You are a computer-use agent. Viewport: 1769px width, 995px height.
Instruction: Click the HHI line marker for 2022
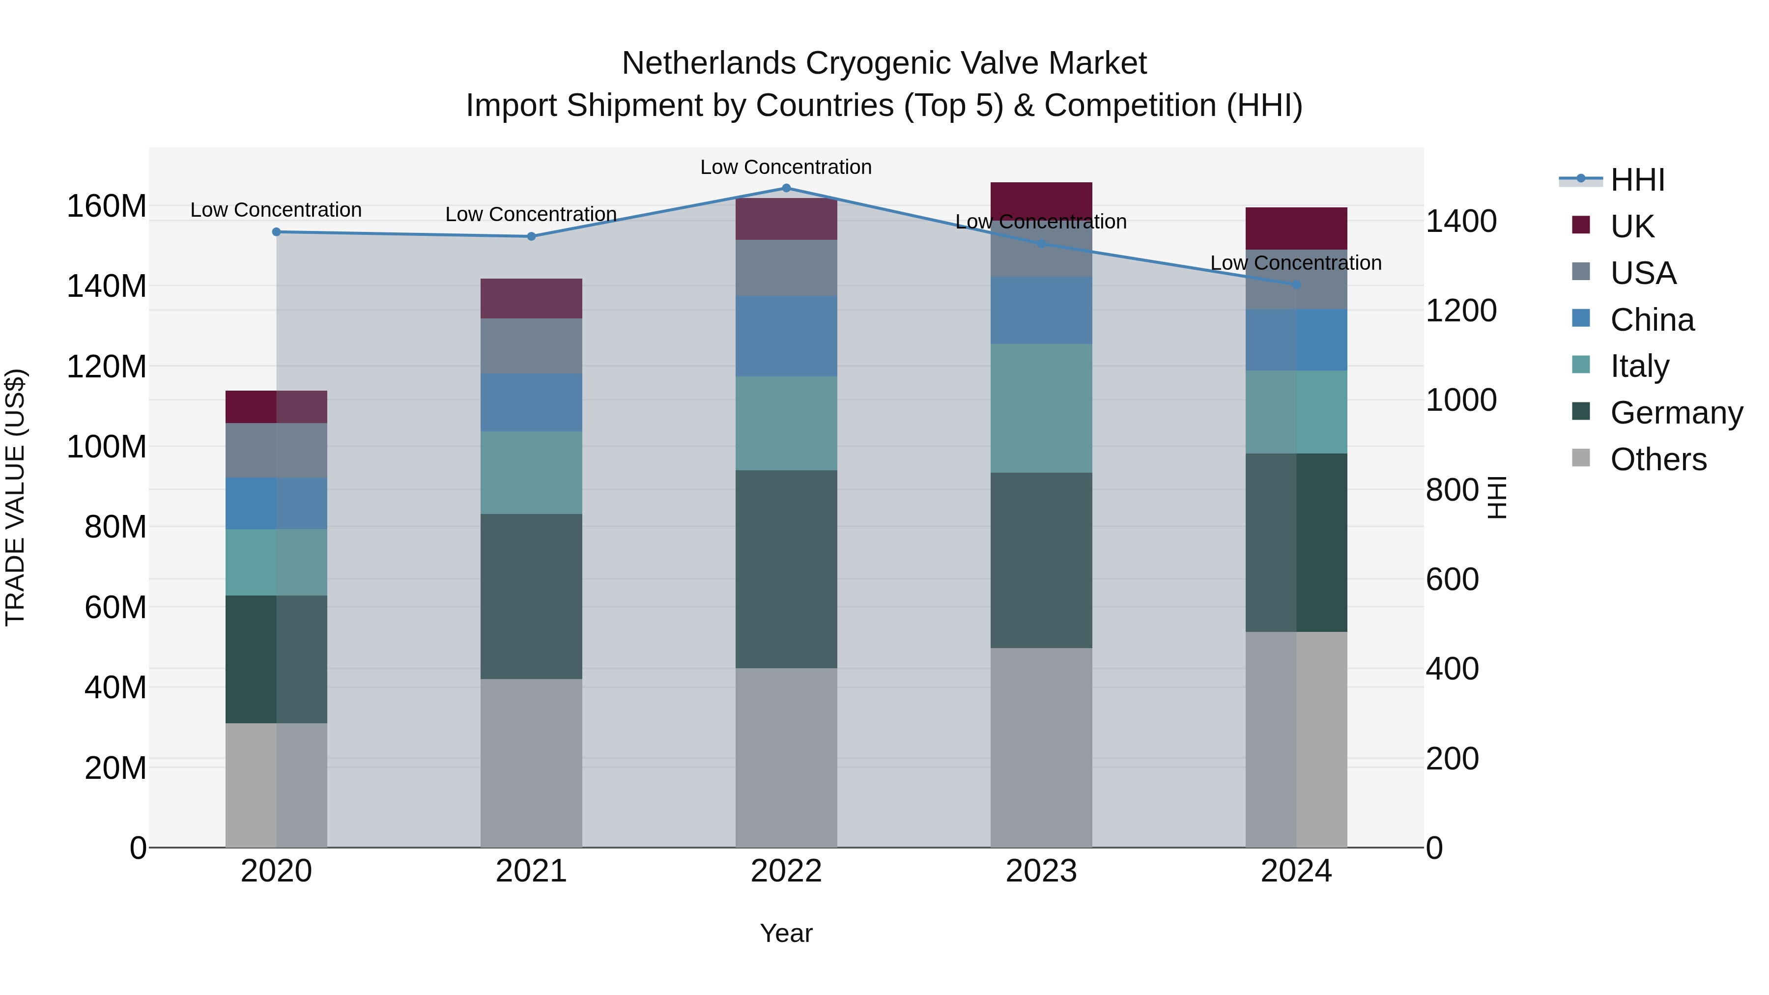[786, 188]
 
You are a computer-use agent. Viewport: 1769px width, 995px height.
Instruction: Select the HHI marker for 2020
[277, 232]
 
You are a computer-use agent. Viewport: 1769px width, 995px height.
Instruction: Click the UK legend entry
[1631, 226]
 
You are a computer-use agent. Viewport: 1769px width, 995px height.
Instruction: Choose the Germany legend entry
[1676, 413]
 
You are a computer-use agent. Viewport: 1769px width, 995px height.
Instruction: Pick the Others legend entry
[1658, 459]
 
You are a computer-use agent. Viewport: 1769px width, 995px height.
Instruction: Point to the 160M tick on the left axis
[107, 206]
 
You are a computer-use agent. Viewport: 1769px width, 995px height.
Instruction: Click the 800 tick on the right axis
[1452, 490]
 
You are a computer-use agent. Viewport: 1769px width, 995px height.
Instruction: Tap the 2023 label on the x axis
[1041, 871]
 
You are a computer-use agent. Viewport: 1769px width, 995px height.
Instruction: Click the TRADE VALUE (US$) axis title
[15, 497]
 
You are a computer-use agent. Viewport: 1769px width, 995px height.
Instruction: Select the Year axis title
[786, 933]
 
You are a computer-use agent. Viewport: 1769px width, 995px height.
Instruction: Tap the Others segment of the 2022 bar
[786, 757]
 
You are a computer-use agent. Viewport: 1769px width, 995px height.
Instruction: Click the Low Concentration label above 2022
[786, 167]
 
